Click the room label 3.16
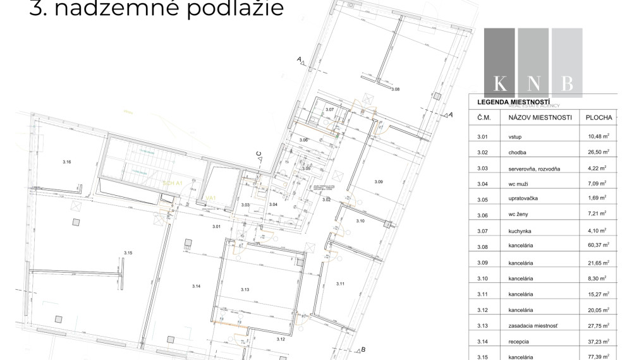[67, 162]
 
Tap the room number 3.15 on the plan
[128, 253]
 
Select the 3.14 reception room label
[197, 286]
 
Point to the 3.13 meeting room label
[246, 289]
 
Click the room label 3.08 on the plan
[396, 90]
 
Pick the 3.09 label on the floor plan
[379, 182]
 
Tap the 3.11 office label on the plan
[340, 283]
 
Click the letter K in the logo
[499, 83]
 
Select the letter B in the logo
[567, 83]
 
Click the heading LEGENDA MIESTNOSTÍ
[513, 102]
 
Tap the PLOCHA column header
[599, 117]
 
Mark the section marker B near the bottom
[362, 349]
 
